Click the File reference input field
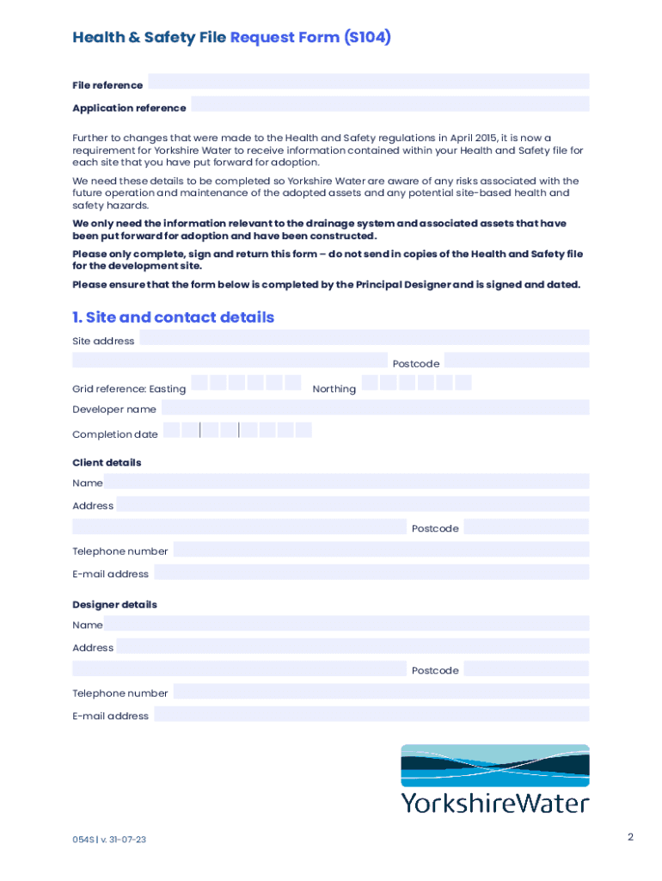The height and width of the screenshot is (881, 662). tap(368, 82)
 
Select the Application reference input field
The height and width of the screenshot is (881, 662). tap(389, 104)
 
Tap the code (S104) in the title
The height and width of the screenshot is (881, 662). tap(367, 38)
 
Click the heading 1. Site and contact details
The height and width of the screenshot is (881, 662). tap(173, 317)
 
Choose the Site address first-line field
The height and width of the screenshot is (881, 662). tap(364, 337)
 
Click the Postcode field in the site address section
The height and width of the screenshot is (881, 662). tap(516, 360)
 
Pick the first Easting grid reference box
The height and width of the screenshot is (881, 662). tap(199, 383)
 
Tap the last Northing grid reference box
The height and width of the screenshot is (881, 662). tap(463, 383)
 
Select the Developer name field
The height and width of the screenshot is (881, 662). tap(375, 407)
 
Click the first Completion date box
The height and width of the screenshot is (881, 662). tap(172, 430)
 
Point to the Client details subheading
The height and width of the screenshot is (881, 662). tap(107, 463)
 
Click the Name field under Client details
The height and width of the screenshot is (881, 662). tap(346, 482)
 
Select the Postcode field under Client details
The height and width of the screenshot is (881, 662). tap(526, 527)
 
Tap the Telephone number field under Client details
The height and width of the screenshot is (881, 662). tap(381, 549)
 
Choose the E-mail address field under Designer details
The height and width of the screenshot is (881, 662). tap(371, 714)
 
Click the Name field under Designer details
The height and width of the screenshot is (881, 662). tap(346, 624)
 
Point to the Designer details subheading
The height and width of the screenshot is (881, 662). tap(114, 605)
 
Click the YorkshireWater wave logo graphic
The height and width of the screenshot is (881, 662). tap(494, 766)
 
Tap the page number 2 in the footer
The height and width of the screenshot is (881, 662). tap(630, 837)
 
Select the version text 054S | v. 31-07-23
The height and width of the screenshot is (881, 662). tap(109, 840)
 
